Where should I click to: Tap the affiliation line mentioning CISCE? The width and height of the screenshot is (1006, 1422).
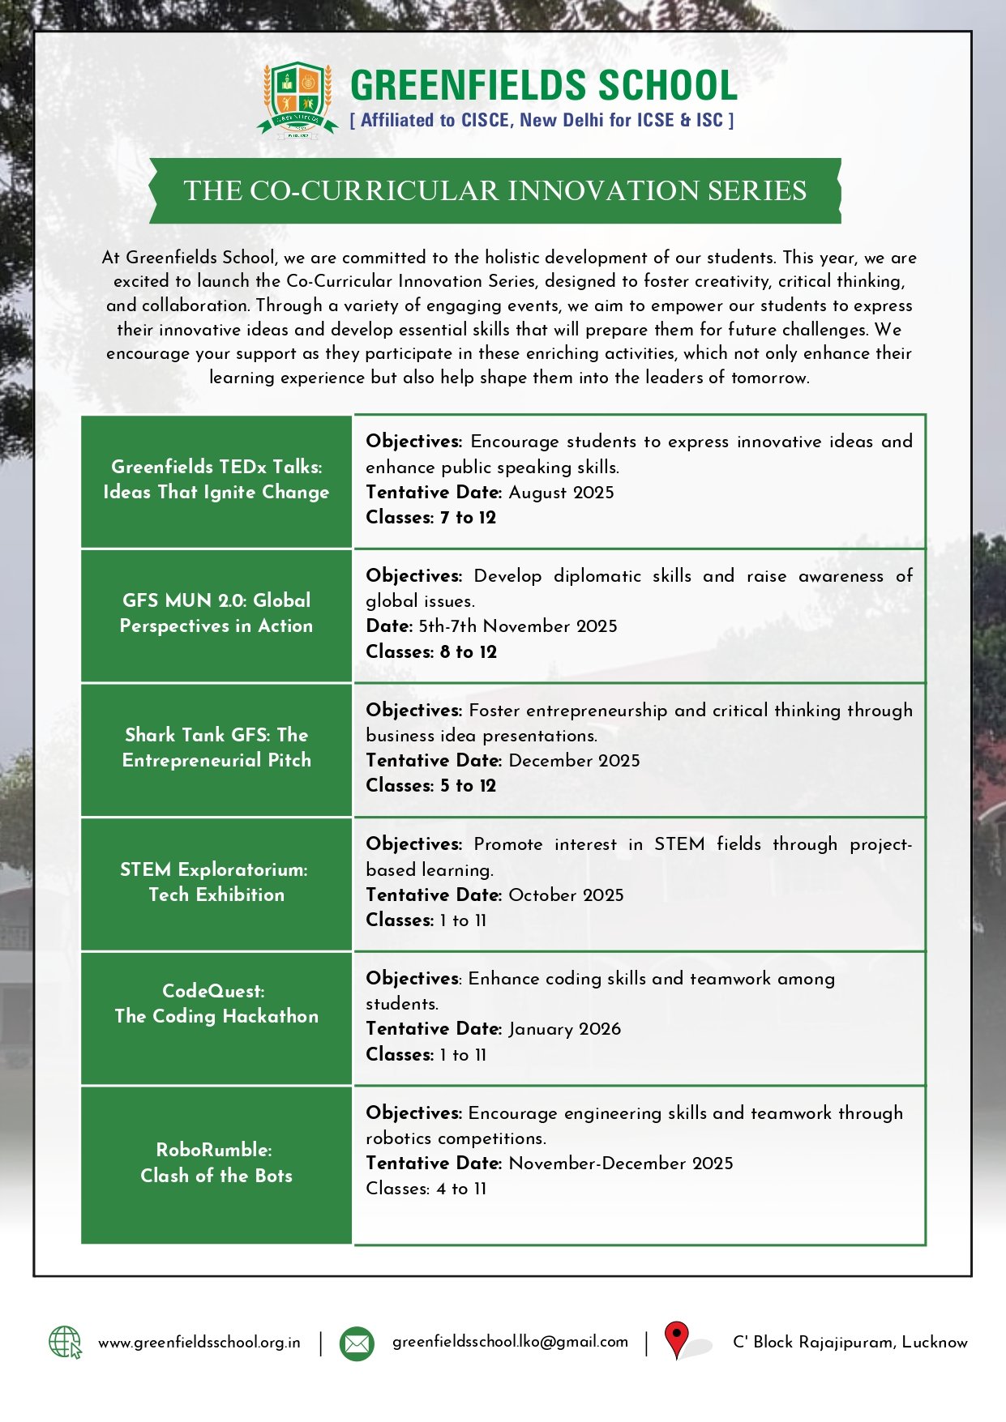click(542, 121)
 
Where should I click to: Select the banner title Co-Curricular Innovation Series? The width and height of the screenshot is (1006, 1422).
click(494, 191)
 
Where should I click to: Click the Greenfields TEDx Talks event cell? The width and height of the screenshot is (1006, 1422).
click(216, 480)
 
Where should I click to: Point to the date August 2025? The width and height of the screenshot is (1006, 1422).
click(561, 493)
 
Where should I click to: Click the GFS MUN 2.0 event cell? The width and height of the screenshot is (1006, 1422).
click(216, 613)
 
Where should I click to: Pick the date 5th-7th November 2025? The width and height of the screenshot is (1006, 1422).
click(517, 626)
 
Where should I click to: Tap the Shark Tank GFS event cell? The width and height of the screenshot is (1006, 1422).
click(216, 748)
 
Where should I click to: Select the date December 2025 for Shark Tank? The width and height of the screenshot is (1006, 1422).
click(574, 761)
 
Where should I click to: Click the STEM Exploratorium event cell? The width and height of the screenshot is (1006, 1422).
click(216, 882)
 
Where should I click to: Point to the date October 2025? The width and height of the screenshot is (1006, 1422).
click(566, 895)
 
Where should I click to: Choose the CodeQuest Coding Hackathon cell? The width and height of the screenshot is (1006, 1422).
click(216, 1004)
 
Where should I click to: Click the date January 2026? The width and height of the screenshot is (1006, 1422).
click(564, 1029)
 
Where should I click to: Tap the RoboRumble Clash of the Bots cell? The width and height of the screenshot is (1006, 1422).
click(216, 1163)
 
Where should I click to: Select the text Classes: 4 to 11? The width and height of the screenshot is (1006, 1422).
click(426, 1189)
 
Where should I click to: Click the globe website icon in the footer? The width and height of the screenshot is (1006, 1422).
click(65, 1343)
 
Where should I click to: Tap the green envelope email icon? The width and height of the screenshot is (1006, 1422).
click(356, 1343)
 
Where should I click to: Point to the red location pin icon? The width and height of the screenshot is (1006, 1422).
click(676, 1339)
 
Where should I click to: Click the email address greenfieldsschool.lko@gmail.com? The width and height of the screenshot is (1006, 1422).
click(510, 1342)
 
